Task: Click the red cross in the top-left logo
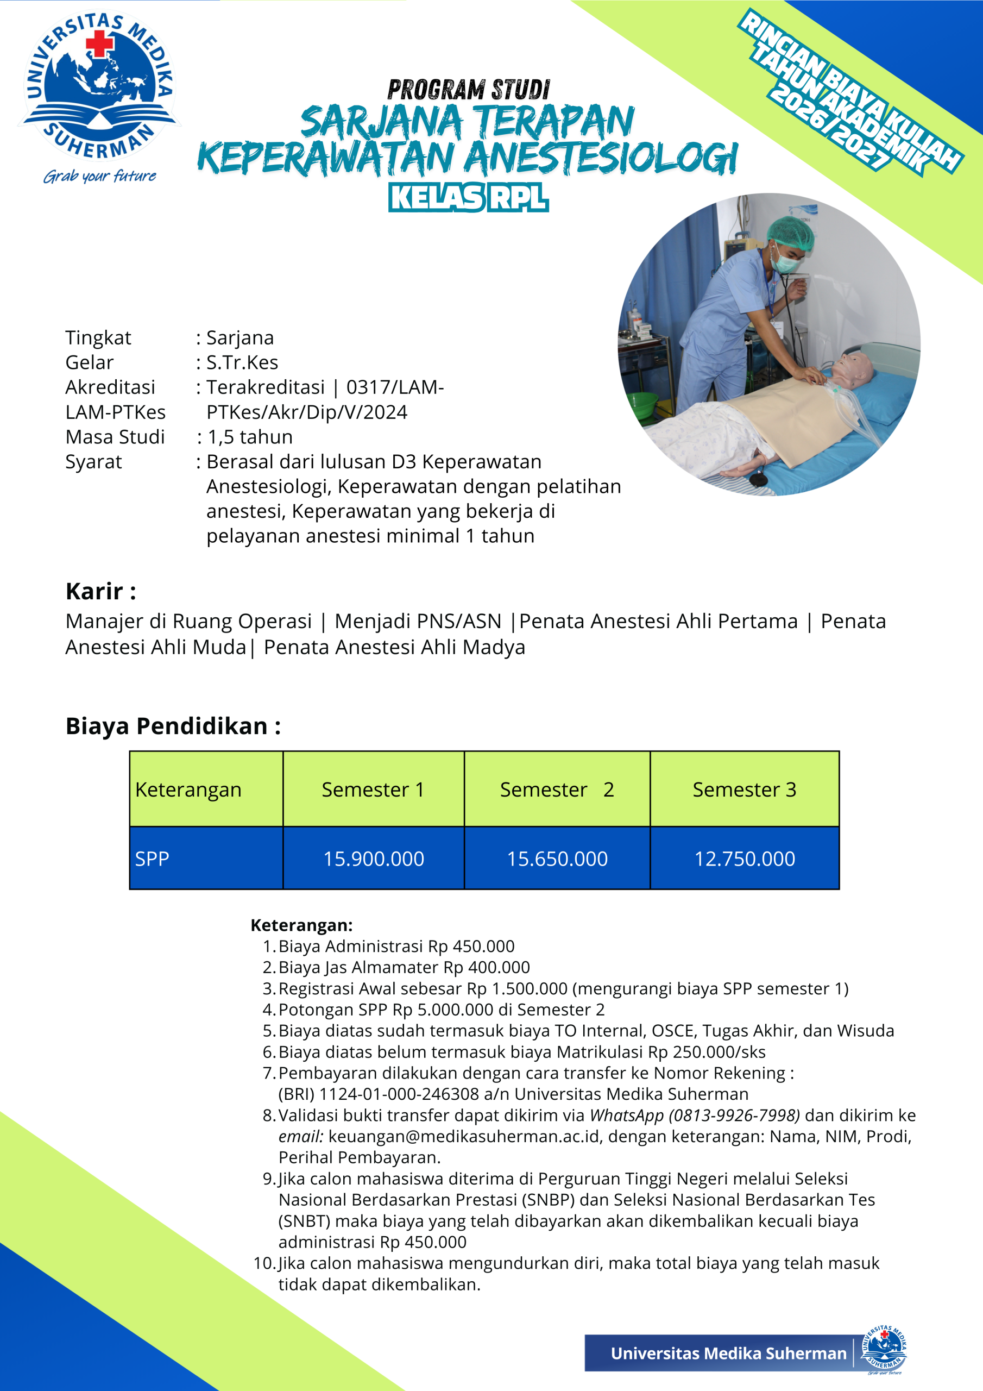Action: [x=99, y=43]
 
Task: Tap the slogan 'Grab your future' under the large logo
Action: [x=100, y=176]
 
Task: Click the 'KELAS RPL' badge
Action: [x=468, y=198]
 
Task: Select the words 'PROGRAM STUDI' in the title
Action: [x=468, y=90]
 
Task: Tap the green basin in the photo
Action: [x=641, y=402]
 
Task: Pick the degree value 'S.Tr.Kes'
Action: [x=242, y=362]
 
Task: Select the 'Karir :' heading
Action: [x=100, y=591]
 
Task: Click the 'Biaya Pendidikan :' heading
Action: [x=173, y=726]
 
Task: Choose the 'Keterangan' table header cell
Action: [x=188, y=790]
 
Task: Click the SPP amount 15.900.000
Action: [x=374, y=859]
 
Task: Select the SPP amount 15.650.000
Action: [x=557, y=859]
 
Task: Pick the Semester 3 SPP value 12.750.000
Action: [x=745, y=859]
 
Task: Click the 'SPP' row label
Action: [x=152, y=859]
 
